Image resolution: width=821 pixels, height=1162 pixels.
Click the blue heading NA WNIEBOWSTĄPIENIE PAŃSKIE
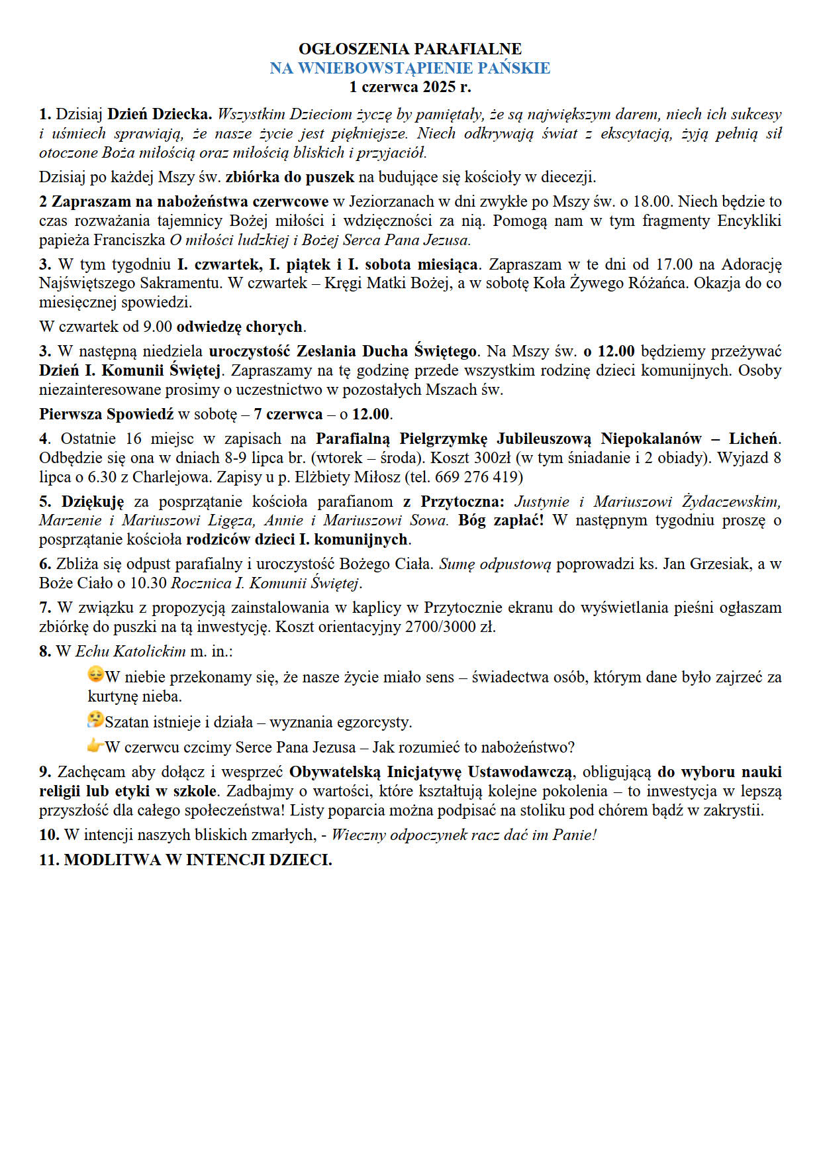coord(410,68)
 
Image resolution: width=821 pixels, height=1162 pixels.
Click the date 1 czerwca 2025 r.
coord(410,87)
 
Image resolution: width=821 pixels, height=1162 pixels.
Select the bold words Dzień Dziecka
coord(160,115)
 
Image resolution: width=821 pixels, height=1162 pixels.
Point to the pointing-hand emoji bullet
coord(95,746)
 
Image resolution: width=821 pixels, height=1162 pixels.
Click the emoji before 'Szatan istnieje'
coord(95,720)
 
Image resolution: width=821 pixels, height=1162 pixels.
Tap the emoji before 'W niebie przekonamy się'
coord(95,676)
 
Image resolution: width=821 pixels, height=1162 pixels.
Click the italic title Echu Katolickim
coord(130,651)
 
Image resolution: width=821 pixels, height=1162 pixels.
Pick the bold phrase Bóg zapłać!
coord(501,521)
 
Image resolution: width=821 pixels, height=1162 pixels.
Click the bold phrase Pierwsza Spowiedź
coord(106,415)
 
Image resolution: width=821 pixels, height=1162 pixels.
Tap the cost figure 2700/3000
coord(439,627)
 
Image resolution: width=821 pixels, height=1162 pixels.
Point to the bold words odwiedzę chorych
coord(239,327)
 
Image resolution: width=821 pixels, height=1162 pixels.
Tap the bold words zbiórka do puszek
coord(290,178)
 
